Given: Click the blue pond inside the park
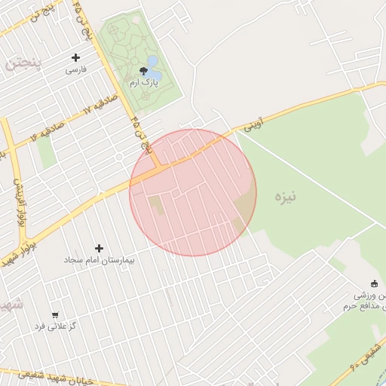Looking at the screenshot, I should click(152, 61).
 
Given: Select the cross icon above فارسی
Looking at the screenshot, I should click(75, 57).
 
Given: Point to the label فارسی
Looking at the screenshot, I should click(76, 69).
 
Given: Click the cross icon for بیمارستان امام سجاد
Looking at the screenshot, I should click(99, 247).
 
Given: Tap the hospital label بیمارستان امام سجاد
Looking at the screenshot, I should click(99, 260).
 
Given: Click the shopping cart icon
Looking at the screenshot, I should click(54, 314).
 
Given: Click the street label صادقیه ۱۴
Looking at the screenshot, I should click(46, 132).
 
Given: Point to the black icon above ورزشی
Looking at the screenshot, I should click(375, 283).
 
